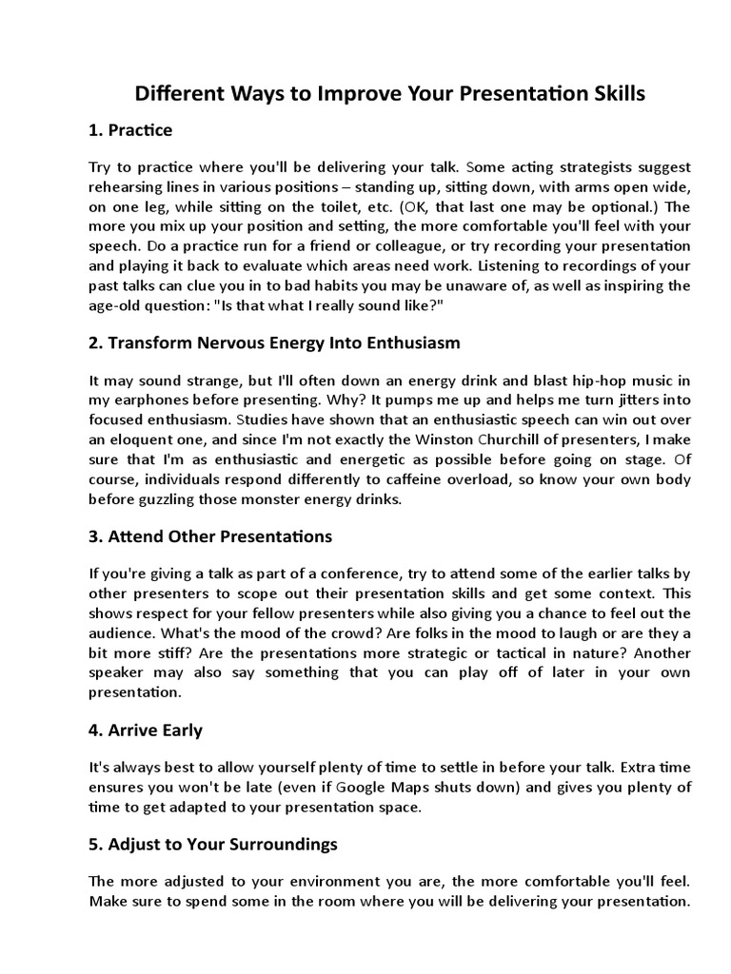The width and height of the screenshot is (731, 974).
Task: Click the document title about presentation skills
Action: point(390,93)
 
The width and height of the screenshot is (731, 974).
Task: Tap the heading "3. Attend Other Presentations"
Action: point(209,536)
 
